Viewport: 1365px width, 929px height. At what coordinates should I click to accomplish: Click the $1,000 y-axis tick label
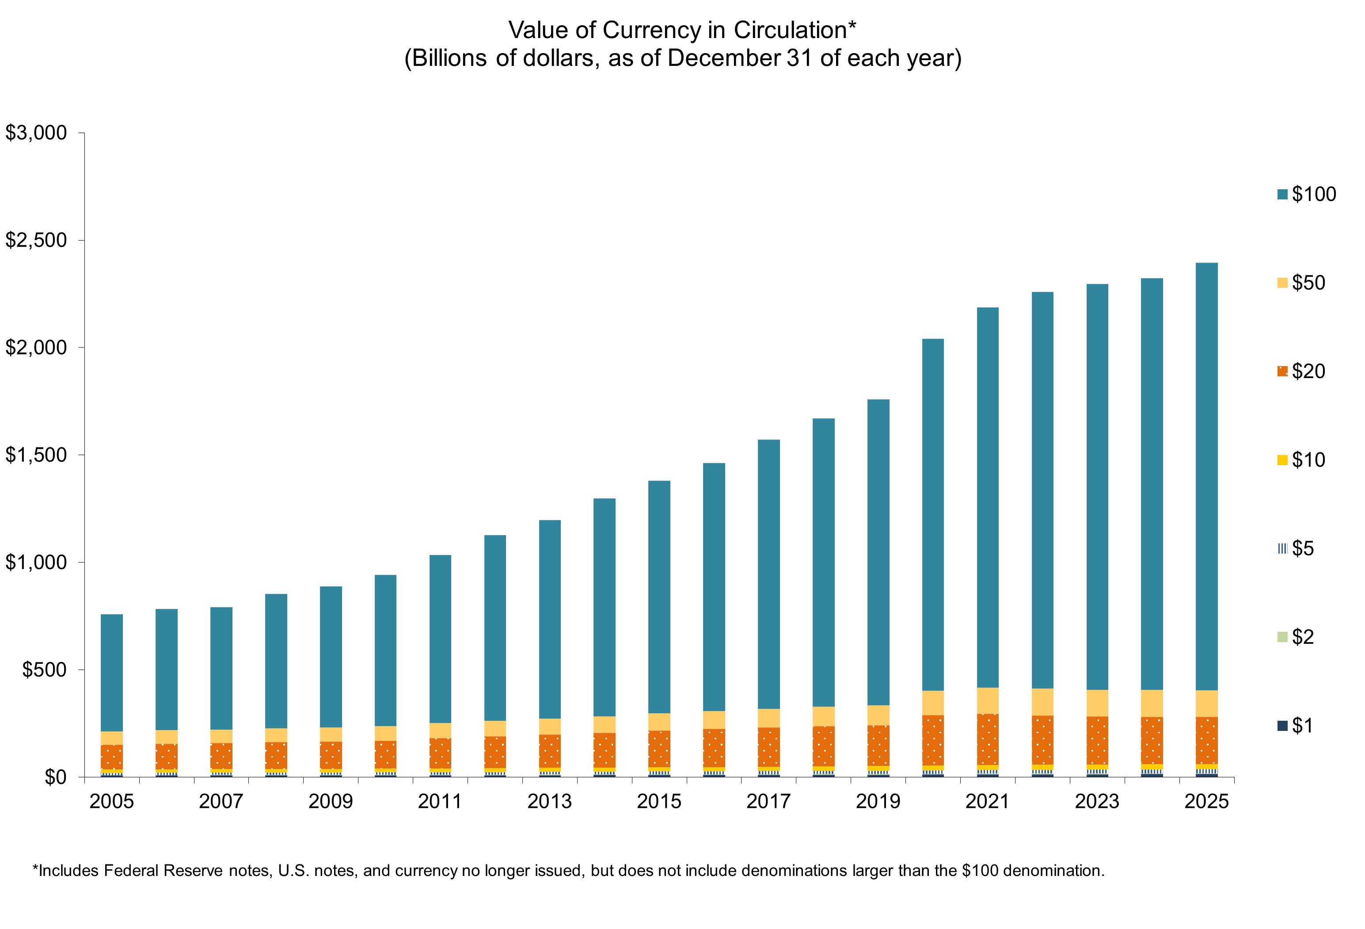(x=36, y=562)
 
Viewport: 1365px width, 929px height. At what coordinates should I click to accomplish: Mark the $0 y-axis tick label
(x=56, y=777)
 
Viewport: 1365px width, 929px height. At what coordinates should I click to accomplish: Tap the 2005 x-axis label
(x=112, y=802)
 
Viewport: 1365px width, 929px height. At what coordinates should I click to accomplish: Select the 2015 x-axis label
(x=659, y=802)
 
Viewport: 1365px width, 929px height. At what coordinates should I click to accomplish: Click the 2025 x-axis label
(x=1206, y=802)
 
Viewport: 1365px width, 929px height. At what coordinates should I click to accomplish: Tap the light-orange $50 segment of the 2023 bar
(x=1097, y=703)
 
